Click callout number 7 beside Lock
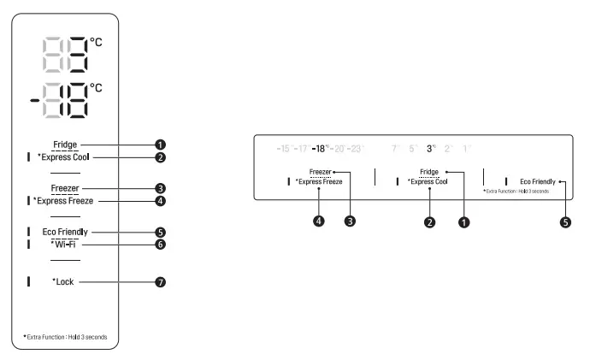pos(160,281)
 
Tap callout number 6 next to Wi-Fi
pos(160,245)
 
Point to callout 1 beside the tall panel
pos(160,145)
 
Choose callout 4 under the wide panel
pos(319,221)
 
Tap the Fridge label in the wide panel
pos(428,172)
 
